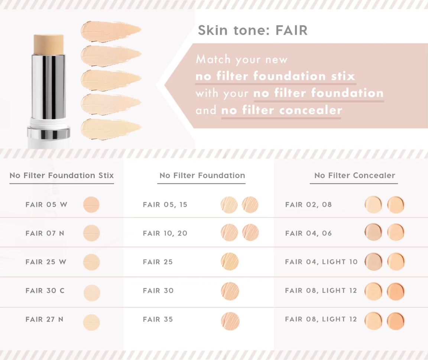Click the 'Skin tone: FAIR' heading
[253, 30]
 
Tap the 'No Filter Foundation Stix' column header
[62, 176]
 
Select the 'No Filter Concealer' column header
[354, 176]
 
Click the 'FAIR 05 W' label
[46, 204]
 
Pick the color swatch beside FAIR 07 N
[91, 233]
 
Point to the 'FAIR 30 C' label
[45, 291]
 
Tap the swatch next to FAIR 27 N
[91, 323]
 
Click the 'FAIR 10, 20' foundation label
[165, 233]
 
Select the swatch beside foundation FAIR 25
[230, 262]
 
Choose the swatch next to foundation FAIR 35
[230, 321]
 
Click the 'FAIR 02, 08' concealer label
[308, 204]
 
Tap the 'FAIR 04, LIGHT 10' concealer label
[321, 262]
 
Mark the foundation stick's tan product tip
[49, 45]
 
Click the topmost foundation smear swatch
[111, 31]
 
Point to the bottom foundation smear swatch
[111, 129]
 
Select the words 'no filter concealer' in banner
[281, 110]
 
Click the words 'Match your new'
[241, 59]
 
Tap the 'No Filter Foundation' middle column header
[202, 176]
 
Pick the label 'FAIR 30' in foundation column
[158, 291]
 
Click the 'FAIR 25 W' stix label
[46, 262]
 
